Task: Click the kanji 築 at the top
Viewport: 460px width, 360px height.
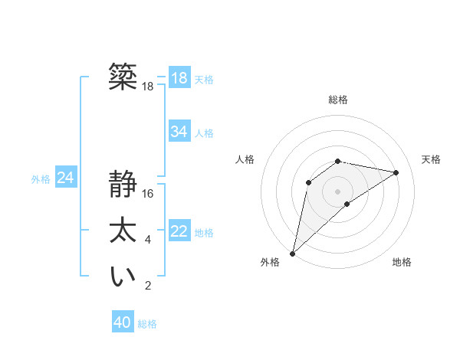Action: pos(123,77)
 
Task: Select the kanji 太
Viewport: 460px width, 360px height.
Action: pos(123,231)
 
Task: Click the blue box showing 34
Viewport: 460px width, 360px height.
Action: pos(179,132)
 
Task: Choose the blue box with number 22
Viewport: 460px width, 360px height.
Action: pos(179,231)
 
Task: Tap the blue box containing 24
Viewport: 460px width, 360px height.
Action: pos(65,178)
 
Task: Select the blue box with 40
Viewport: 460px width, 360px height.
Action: pos(123,322)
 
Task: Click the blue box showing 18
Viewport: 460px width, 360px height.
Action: pos(179,78)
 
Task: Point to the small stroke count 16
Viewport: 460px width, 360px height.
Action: pos(148,194)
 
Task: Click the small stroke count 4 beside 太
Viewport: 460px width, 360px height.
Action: pos(148,241)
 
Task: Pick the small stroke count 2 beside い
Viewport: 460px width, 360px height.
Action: pos(148,286)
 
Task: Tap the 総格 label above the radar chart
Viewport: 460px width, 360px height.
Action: pos(337,100)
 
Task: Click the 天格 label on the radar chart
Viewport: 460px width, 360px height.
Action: pos(432,159)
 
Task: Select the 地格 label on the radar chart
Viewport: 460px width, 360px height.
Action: pos(402,262)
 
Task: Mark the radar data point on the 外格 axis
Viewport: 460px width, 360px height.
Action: pos(292,253)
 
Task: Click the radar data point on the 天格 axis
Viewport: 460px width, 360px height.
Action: pos(396,172)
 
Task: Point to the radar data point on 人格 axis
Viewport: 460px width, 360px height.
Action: pos(308,182)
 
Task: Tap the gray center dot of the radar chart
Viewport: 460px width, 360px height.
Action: pos(337,191)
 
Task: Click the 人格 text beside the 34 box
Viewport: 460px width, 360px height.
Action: pos(204,133)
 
